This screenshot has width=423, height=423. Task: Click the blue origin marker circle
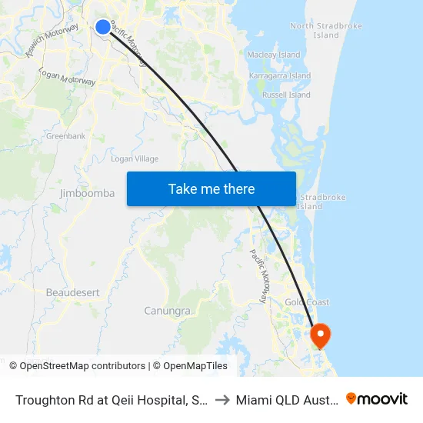click(x=103, y=27)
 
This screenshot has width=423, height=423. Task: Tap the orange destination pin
click(x=319, y=335)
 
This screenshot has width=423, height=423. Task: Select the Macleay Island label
click(x=273, y=55)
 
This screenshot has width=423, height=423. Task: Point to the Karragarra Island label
click(x=280, y=76)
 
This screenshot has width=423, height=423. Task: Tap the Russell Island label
click(x=286, y=95)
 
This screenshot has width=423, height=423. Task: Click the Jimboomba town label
click(x=87, y=194)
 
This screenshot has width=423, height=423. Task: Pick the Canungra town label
click(x=167, y=311)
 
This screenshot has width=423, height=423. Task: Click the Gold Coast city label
click(x=307, y=303)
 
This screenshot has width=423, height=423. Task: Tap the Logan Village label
click(x=135, y=159)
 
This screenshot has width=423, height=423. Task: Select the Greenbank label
click(x=65, y=136)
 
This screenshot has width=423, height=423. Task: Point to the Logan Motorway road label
click(x=68, y=75)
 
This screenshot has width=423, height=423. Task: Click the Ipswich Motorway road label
click(x=52, y=42)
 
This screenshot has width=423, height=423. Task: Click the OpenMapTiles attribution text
click(x=195, y=366)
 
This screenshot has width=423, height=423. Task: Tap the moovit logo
click(x=376, y=398)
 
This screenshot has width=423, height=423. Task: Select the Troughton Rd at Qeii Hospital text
click(x=108, y=399)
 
